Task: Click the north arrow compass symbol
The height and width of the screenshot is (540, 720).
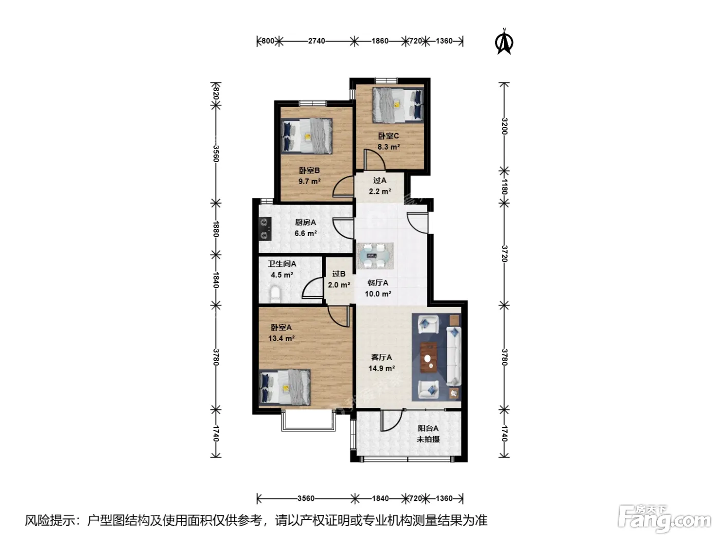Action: tap(504, 41)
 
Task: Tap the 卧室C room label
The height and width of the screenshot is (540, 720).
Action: tap(388, 136)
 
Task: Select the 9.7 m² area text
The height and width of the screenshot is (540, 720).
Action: tap(309, 182)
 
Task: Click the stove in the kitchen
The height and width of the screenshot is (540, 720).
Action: tap(264, 229)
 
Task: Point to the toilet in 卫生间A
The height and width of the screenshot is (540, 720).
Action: tap(275, 295)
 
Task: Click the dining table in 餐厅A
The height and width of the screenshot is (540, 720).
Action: tap(374, 256)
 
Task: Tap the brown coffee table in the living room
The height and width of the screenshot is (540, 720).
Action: tap(428, 357)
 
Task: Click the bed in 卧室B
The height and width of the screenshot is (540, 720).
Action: tap(307, 136)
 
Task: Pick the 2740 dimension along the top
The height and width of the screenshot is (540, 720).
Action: tap(316, 41)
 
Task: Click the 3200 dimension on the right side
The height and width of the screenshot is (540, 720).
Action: tap(505, 126)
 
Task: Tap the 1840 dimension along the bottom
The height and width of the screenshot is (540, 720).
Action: tap(380, 498)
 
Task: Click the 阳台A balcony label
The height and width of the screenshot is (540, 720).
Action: tap(428, 428)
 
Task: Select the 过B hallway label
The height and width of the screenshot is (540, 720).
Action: tap(338, 274)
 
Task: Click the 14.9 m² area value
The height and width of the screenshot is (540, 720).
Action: tap(381, 368)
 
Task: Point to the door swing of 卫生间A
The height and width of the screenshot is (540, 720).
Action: tap(312, 287)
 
